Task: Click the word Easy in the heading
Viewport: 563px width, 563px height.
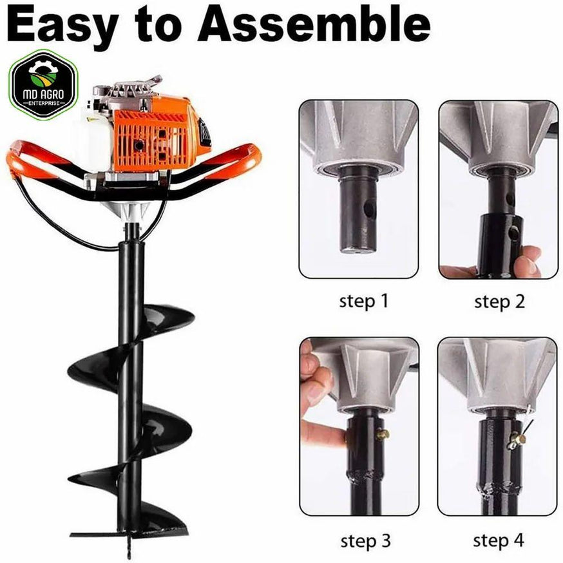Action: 62,25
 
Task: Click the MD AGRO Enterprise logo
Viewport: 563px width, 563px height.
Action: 43,85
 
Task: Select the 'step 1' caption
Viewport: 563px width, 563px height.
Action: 364,301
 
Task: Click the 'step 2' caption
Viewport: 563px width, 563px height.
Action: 499,301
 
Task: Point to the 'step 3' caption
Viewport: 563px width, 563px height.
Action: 365,540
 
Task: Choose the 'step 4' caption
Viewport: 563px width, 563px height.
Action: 499,540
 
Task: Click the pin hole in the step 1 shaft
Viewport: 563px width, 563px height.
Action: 369,209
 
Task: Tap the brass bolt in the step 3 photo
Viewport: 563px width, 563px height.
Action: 383,435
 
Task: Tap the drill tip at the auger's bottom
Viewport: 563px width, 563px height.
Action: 130,548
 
